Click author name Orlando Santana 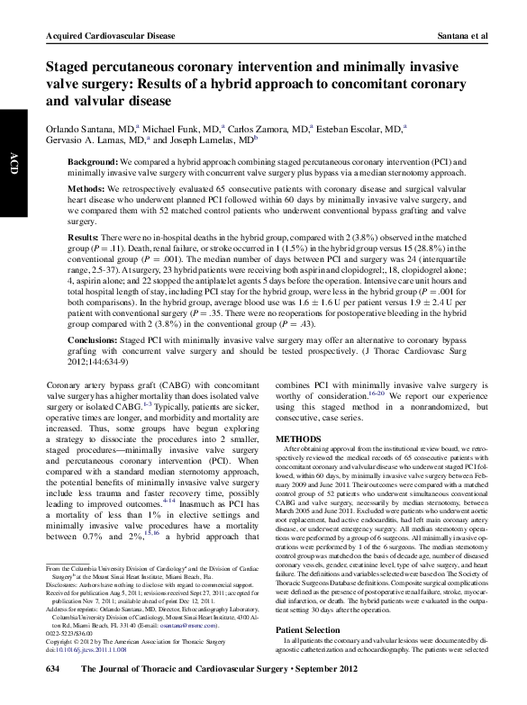[77, 131]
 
